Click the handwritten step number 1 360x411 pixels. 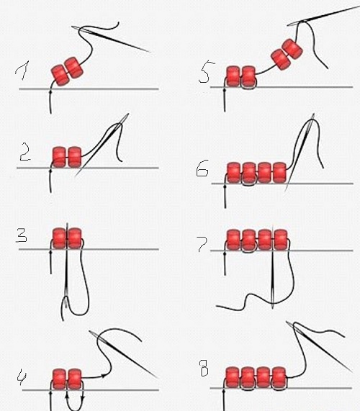22,71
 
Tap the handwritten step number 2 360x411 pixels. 25,151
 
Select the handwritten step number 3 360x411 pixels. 22,235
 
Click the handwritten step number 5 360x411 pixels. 207,72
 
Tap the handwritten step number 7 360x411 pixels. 203,244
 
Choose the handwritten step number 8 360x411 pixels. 204,368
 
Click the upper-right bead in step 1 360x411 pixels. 74,68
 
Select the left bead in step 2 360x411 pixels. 59,157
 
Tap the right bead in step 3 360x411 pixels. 75,238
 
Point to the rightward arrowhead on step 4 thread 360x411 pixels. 103,376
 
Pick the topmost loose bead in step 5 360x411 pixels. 292,49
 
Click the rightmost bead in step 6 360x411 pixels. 279,173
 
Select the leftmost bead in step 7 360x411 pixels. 233,240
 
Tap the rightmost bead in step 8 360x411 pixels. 279,377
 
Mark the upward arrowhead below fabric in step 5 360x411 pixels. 225,91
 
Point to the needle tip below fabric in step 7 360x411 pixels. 273,308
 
